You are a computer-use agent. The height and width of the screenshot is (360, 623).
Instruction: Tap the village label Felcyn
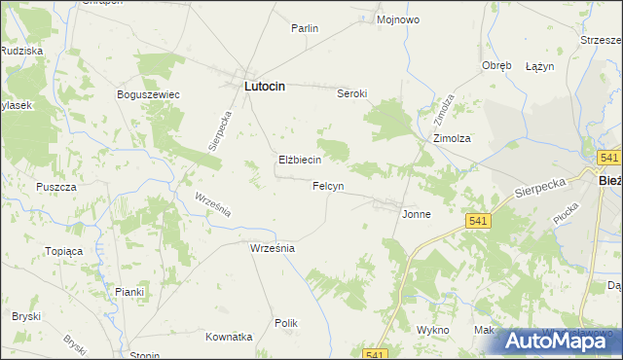coord(327,186)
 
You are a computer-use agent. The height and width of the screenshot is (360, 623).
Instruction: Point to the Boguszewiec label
coord(147,94)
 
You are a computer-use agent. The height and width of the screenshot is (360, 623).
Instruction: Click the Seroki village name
coord(351,94)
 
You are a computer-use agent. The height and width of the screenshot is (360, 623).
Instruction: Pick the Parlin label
coord(305,29)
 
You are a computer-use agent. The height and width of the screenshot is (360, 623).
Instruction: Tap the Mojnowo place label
coord(397,19)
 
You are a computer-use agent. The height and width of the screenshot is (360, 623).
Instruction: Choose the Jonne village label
coord(417,213)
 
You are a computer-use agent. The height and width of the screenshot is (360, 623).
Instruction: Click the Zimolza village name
coord(453,139)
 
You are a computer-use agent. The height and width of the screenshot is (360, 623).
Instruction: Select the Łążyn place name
coord(539,66)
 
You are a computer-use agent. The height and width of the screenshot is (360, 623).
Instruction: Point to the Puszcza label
coord(55,187)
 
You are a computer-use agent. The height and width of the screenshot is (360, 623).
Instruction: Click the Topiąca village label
coord(64,251)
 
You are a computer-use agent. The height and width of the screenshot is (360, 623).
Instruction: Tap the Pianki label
coord(129,292)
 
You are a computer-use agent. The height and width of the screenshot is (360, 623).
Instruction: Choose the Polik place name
coord(285,323)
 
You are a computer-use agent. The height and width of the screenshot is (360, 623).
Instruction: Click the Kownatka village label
coord(229,337)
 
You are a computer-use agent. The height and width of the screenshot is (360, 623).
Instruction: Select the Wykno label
coord(432,331)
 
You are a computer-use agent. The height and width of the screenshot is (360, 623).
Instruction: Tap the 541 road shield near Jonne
coord(477,222)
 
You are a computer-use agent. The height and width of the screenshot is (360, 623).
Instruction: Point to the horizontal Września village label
coord(273,248)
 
